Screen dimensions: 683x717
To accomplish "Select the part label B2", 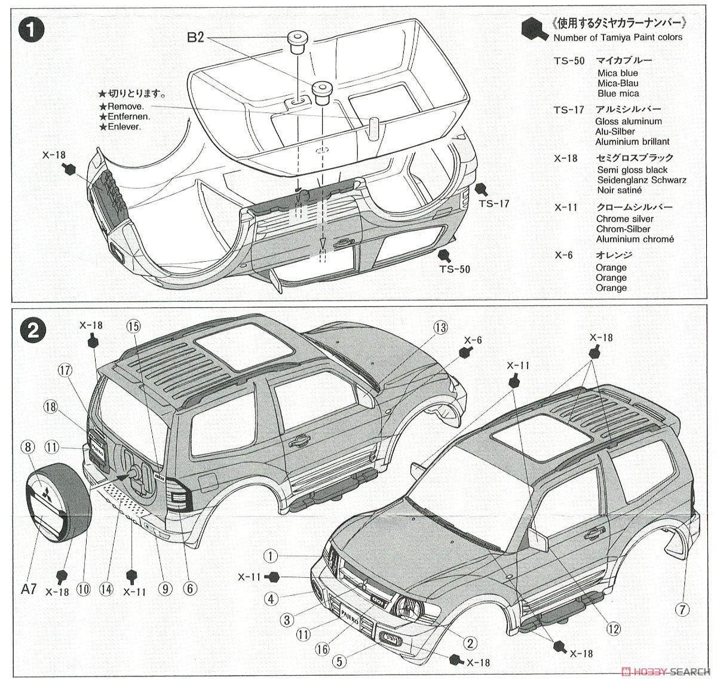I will pos(195,38).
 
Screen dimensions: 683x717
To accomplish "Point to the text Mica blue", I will pos(617,73).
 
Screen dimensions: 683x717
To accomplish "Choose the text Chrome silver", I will pos(624,219).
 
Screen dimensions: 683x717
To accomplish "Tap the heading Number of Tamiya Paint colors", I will pos(617,37).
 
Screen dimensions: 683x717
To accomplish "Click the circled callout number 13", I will pos(440,327).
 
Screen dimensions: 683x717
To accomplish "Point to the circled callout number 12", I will pos(614,628).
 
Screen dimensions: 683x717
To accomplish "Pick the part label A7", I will pos(29,589).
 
